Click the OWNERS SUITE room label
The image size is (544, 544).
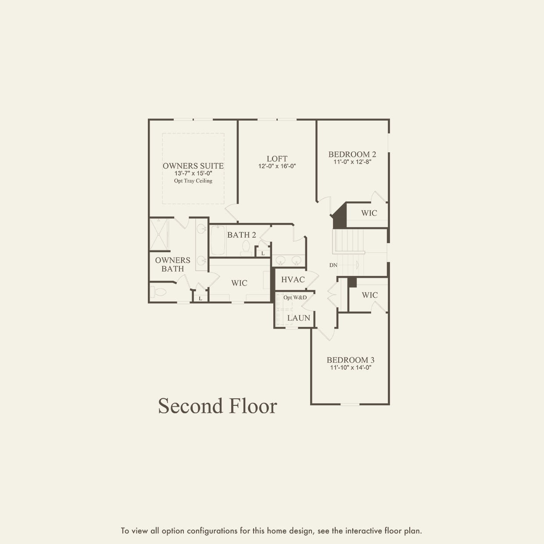(x=193, y=166)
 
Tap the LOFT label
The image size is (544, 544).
(x=277, y=159)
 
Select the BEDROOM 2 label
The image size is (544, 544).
(x=352, y=154)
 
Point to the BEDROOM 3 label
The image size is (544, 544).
(x=351, y=360)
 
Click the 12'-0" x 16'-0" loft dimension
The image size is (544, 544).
(x=277, y=166)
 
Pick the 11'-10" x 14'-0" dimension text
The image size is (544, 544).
(x=351, y=368)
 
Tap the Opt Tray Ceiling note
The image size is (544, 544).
(x=193, y=181)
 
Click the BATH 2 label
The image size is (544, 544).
(x=241, y=235)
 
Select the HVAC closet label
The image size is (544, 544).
(x=293, y=279)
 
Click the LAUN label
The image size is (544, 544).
(x=299, y=318)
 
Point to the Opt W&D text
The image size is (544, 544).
(x=295, y=297)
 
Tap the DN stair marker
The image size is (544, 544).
(x=333, y=265)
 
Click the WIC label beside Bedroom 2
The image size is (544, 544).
(x=369, y=213)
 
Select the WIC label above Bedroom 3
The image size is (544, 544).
(x=369, y=295)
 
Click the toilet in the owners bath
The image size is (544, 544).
(x=158, y=292)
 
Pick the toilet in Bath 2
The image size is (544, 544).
(x=246, y=249)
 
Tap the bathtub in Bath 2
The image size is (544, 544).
(x=218, y=240)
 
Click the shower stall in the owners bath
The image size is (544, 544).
(x=159, y=235)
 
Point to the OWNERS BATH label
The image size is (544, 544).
(x=172, y=264)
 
